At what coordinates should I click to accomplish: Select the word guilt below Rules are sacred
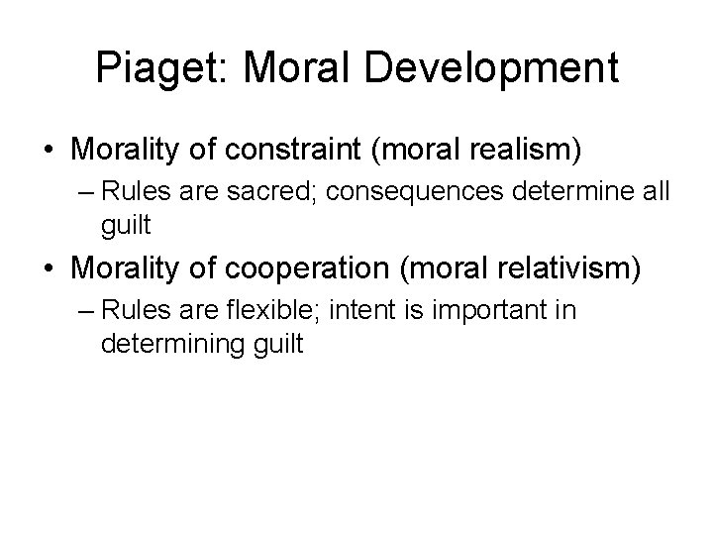pyautogui.click(x=125, y=227)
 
